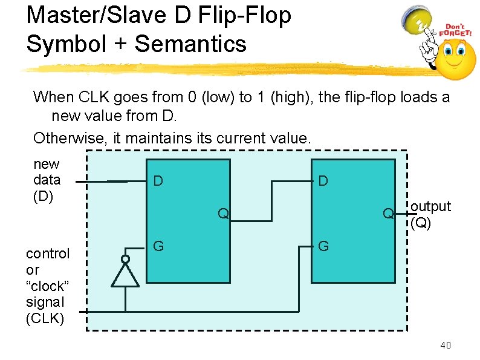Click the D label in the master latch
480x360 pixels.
click(158, 181)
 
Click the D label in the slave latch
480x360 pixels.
click(323, 181)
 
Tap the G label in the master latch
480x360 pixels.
click(158, 246)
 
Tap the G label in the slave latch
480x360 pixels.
click(323, 246)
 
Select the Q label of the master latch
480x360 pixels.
click(223, 213)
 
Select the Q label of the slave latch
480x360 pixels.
click(389, 213)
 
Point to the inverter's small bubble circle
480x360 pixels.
click(125, 260)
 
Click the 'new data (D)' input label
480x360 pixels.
click(47, 180)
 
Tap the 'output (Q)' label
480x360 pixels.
click(430, 214)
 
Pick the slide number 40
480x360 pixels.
click(446, 345)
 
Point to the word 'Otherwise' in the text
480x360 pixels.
click(70, 138)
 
